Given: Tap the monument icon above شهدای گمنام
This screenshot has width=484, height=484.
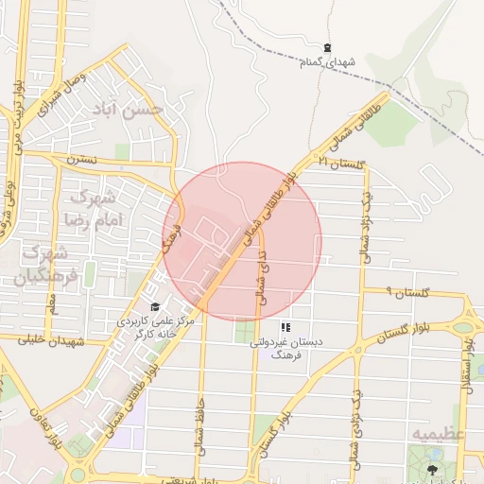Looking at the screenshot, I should [x=327, y=47].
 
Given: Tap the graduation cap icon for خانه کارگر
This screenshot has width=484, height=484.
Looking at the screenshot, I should [x=154, y=307].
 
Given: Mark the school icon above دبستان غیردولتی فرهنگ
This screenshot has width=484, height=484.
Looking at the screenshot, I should [x=285, y=327].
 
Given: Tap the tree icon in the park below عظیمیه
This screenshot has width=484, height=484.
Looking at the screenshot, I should [x=432, y=469].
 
